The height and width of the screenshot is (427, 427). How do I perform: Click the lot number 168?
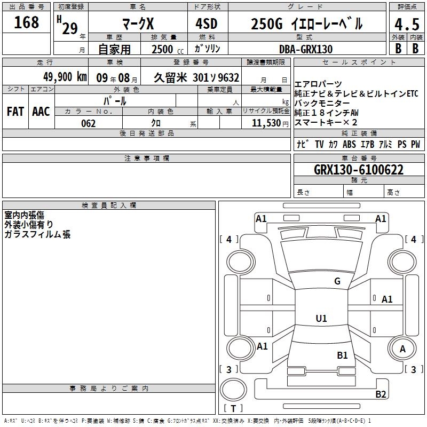click(x=26, y=22)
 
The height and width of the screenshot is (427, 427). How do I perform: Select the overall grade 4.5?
click(x=407, y=24)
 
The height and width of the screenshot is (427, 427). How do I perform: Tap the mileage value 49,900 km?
click(x=65, y=77)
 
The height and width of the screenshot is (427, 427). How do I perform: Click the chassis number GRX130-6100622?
click(x=359, y=170)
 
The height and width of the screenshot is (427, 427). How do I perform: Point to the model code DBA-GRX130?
click(x=306, y=49)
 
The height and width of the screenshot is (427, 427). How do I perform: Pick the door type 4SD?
click(x=207, y=23)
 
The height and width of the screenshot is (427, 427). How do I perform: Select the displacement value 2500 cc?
click(x=168, y=49)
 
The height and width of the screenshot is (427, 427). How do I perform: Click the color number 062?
click(x=89, y=123)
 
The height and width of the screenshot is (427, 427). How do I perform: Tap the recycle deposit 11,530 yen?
click(x=270, y=123)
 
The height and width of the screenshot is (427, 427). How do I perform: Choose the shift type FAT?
click(x=15, y=112)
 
